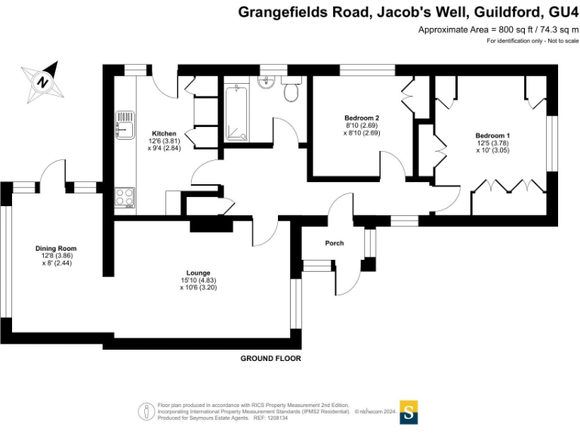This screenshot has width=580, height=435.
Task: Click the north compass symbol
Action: [43, 82]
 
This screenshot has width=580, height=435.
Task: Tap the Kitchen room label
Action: [164, 133]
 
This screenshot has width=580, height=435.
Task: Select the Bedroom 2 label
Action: [361, 118]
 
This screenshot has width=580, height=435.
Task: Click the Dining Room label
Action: [56, 248]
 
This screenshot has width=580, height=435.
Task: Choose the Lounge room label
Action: [198, 273]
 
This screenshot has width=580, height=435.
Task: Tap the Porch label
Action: [334, 243]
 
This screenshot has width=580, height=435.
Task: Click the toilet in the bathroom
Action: [292, 91]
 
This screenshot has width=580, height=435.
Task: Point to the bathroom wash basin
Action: [266, 83]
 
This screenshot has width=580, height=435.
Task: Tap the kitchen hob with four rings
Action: [125, 198]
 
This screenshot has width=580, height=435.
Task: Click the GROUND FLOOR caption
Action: [270, 359]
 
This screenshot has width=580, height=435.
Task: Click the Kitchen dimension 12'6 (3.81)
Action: [165, 140]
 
